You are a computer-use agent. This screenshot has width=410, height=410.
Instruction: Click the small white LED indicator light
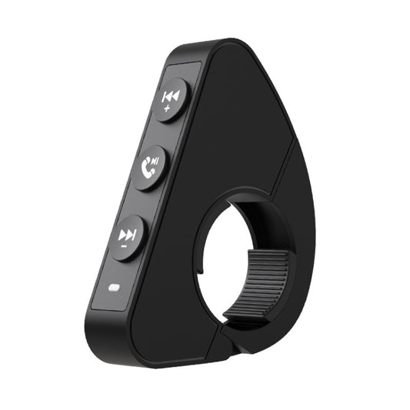(x=114, y=290)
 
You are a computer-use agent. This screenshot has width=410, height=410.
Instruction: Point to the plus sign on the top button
(x=167, y=111)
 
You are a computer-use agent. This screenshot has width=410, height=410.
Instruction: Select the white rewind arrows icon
(x=170, y=96)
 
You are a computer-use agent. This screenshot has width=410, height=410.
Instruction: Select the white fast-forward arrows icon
(x=127, y=233)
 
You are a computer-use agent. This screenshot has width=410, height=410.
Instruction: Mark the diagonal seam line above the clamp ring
(x=283, y=165)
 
